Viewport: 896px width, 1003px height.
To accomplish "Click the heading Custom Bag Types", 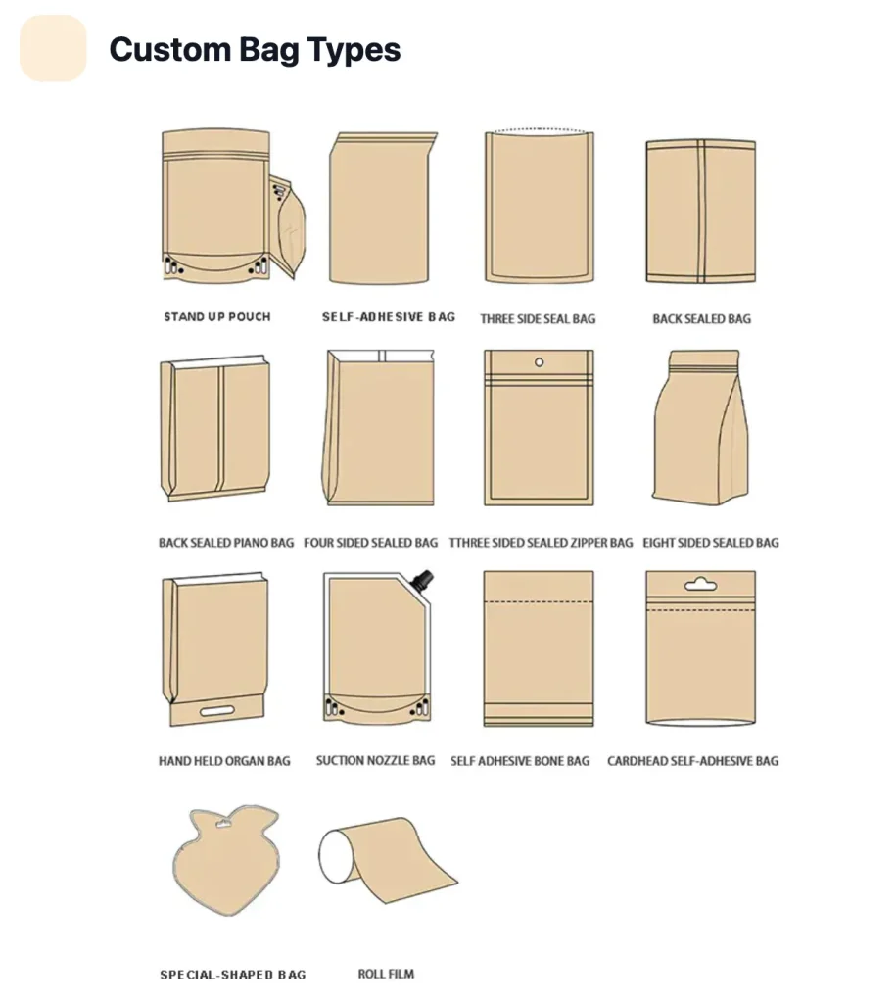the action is point(255,49).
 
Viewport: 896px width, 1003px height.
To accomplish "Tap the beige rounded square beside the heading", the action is point(53,49).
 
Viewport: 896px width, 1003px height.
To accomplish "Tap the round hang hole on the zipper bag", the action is point(540,362).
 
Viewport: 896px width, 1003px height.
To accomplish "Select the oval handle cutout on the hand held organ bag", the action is point(217,711).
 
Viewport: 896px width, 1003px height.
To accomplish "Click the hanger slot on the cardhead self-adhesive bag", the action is point(700,584).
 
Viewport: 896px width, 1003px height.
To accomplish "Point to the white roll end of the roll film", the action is point(333,856).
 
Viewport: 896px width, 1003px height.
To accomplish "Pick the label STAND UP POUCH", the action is point(217,316).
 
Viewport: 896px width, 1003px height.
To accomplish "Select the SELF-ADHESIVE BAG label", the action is point(389,316).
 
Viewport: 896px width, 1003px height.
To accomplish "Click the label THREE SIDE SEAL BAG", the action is point(538,318).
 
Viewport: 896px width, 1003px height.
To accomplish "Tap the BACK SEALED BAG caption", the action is point(701,318).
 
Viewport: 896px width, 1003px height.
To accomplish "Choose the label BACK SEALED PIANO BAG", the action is point(226,543).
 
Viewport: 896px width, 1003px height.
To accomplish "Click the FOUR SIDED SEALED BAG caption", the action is point(371,543).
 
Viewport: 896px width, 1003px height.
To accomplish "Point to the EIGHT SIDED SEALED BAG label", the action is point(711,543).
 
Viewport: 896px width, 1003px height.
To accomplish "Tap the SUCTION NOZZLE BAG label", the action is point(375,760).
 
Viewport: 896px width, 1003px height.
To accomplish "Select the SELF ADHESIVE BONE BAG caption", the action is point(520,761).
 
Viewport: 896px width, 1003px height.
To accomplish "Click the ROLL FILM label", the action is point(386,974).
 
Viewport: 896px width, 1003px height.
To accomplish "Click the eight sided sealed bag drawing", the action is point(701,427).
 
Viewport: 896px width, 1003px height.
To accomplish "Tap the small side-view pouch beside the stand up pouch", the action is point(288,226).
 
